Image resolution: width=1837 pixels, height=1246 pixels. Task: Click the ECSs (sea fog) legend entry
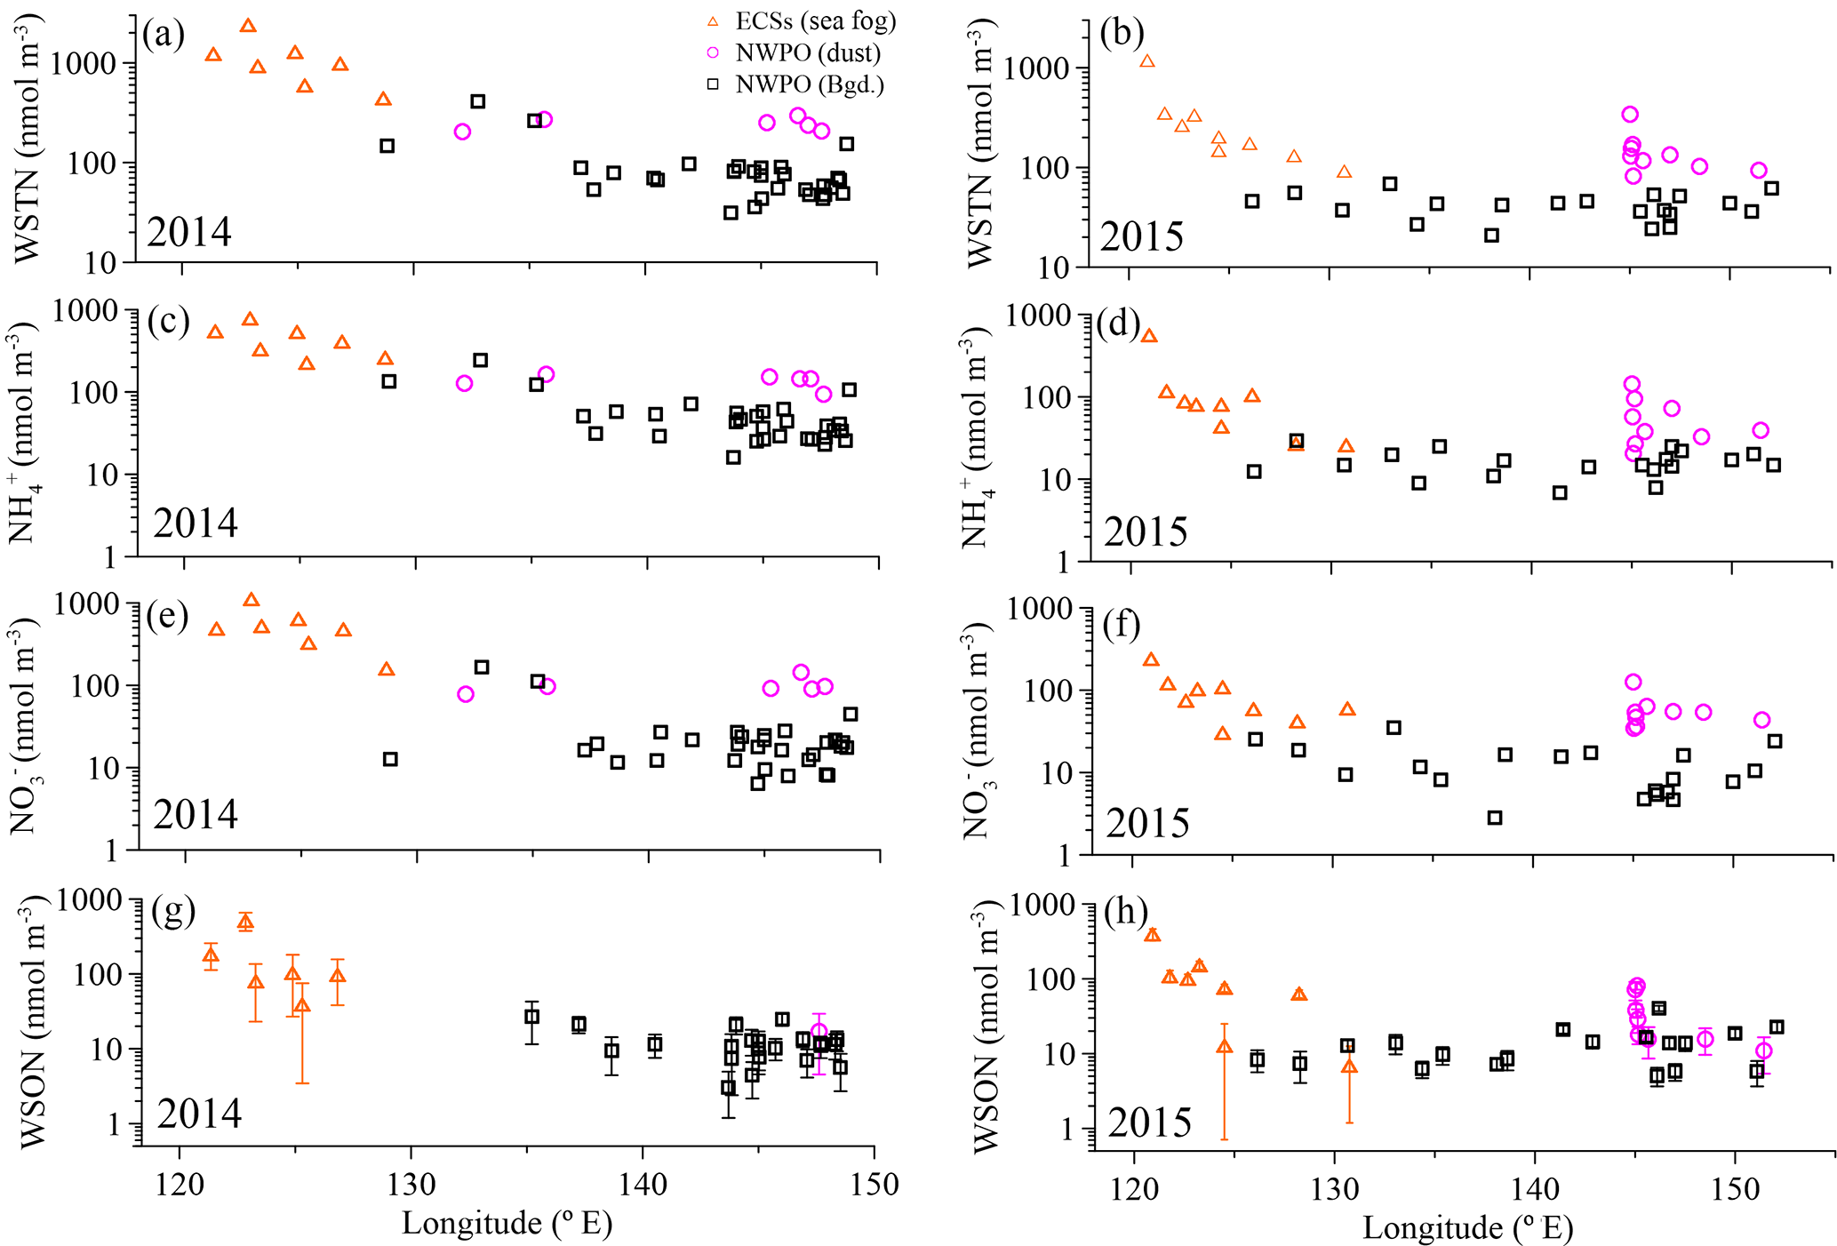[803, 21]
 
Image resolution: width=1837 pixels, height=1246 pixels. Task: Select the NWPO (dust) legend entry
[796, 53]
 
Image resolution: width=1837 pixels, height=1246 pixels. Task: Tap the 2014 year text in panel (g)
[199, 1113]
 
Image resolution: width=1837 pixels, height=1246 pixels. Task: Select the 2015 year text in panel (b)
[1142, 236]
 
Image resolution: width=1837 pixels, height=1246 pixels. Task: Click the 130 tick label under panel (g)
[411, 1184]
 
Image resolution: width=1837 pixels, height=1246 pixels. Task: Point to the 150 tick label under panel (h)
[1735, 1188]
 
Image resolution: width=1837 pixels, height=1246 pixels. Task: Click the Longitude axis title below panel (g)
[507, 1223]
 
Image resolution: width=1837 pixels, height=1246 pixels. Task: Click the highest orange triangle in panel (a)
[248, 26]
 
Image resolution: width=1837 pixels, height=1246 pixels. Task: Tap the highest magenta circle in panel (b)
[1630, 114]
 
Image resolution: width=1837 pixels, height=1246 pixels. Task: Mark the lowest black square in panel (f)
[1495, 818]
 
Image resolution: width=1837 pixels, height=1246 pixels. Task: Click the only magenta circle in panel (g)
[819, 1032]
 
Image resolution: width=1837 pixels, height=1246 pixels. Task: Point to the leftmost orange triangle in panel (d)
[1149, 336]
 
